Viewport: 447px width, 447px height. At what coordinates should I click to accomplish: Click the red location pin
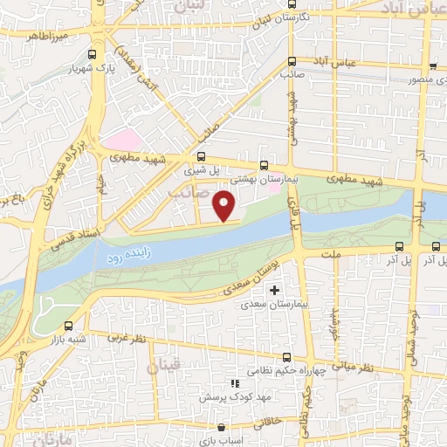click(225, 205)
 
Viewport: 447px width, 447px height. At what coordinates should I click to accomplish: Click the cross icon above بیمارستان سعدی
click(276, 290)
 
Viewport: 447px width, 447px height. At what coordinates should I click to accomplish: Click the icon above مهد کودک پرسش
click(233, 383)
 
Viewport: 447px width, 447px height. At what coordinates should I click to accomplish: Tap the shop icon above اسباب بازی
click(220, 428)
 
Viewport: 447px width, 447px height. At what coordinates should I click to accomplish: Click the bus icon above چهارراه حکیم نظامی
click(288, 356)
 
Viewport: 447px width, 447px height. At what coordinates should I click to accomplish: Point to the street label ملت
click(331, 253)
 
